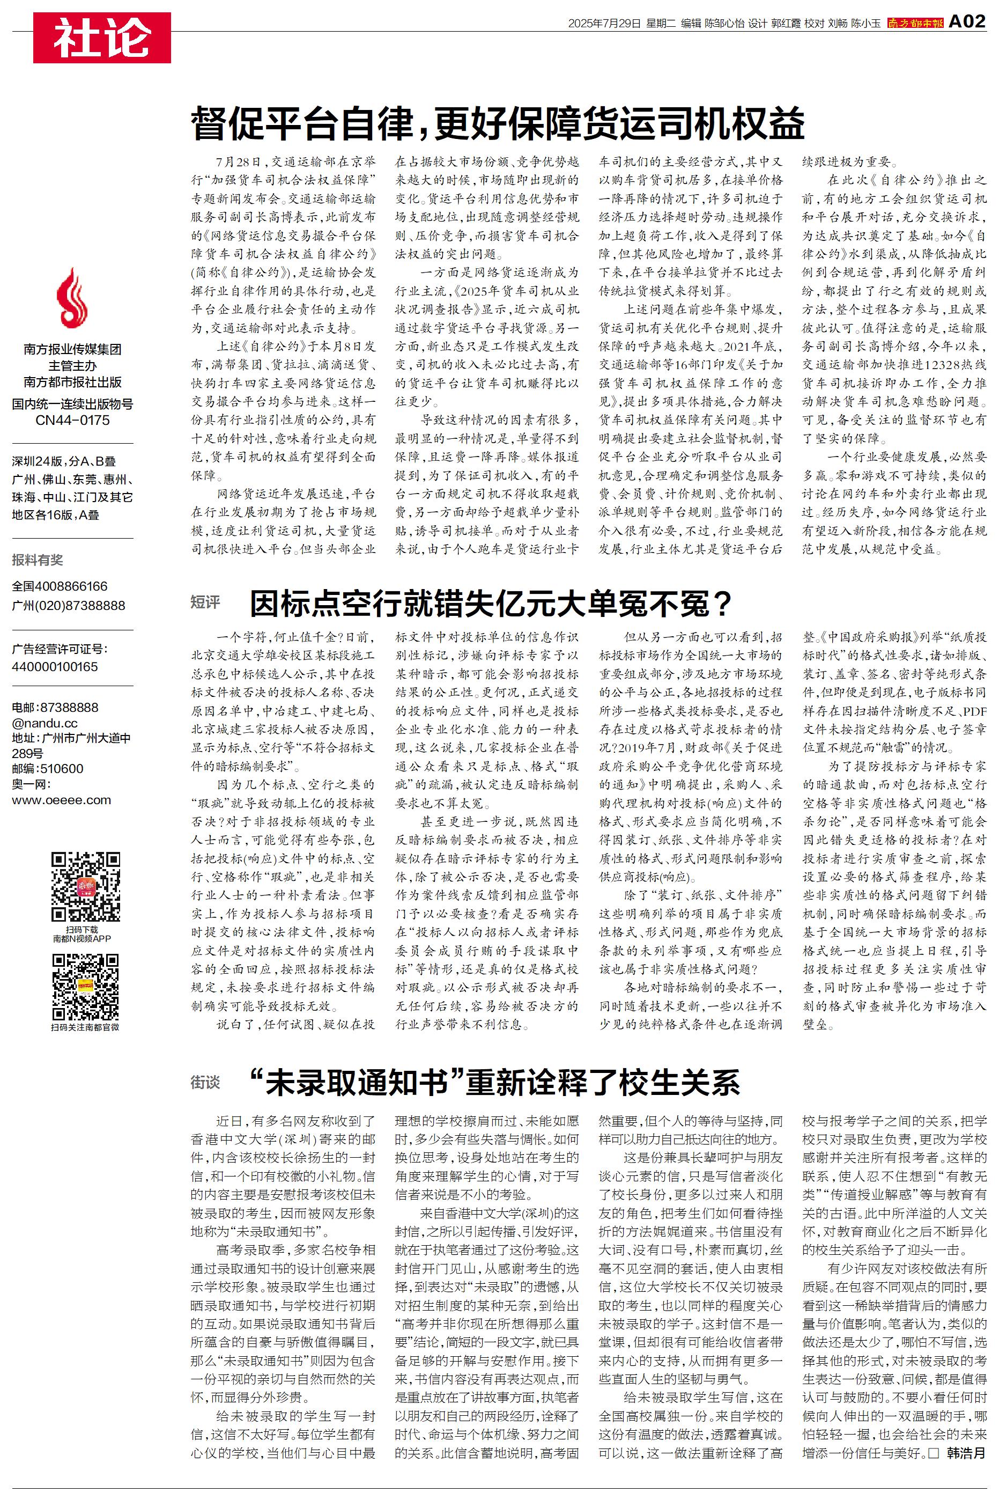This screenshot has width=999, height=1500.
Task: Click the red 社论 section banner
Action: pyautogui.click(x=102, y=37)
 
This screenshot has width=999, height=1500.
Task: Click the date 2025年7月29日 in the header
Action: pyautogui.click(x=603, y=24)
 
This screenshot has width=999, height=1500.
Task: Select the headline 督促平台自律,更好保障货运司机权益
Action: pyautogui.click(x=498, y=122)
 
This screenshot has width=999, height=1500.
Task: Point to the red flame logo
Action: pyautogui.click(x=72, y=298)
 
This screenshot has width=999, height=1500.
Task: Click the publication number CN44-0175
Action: pyautogui.click(x=72, y=421)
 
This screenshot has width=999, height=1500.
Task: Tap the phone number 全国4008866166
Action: pyautogui.click(x=60, y=586)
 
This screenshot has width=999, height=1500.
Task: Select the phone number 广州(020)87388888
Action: pyautogui.click(x=68, y=605)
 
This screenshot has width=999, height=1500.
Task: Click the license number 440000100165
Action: pyautogui.click(x=55, y=666)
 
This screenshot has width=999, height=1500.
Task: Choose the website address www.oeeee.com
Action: pyautogui.click(x=61, y=800)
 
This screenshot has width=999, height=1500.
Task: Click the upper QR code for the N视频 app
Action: pyautogui.click(x=85, y=887)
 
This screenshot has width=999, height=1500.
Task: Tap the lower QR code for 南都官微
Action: pyautogui.click(x=85, y=987)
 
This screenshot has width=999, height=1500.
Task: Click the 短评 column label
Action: pyautogui.click(x=205, y=602)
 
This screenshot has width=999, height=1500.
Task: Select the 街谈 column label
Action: pyautogui.click(x=205, y=1082)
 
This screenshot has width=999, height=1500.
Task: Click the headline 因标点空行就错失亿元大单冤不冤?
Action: pyautogui.click(x=490, y=604)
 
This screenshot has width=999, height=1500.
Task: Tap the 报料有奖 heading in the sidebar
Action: pyautogui.click(x=38, y=560)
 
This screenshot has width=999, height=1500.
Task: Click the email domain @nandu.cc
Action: pyautogui.click(x=45, y=723)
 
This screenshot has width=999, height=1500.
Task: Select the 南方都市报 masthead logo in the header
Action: pyautogui.click(x=915, y=23)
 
